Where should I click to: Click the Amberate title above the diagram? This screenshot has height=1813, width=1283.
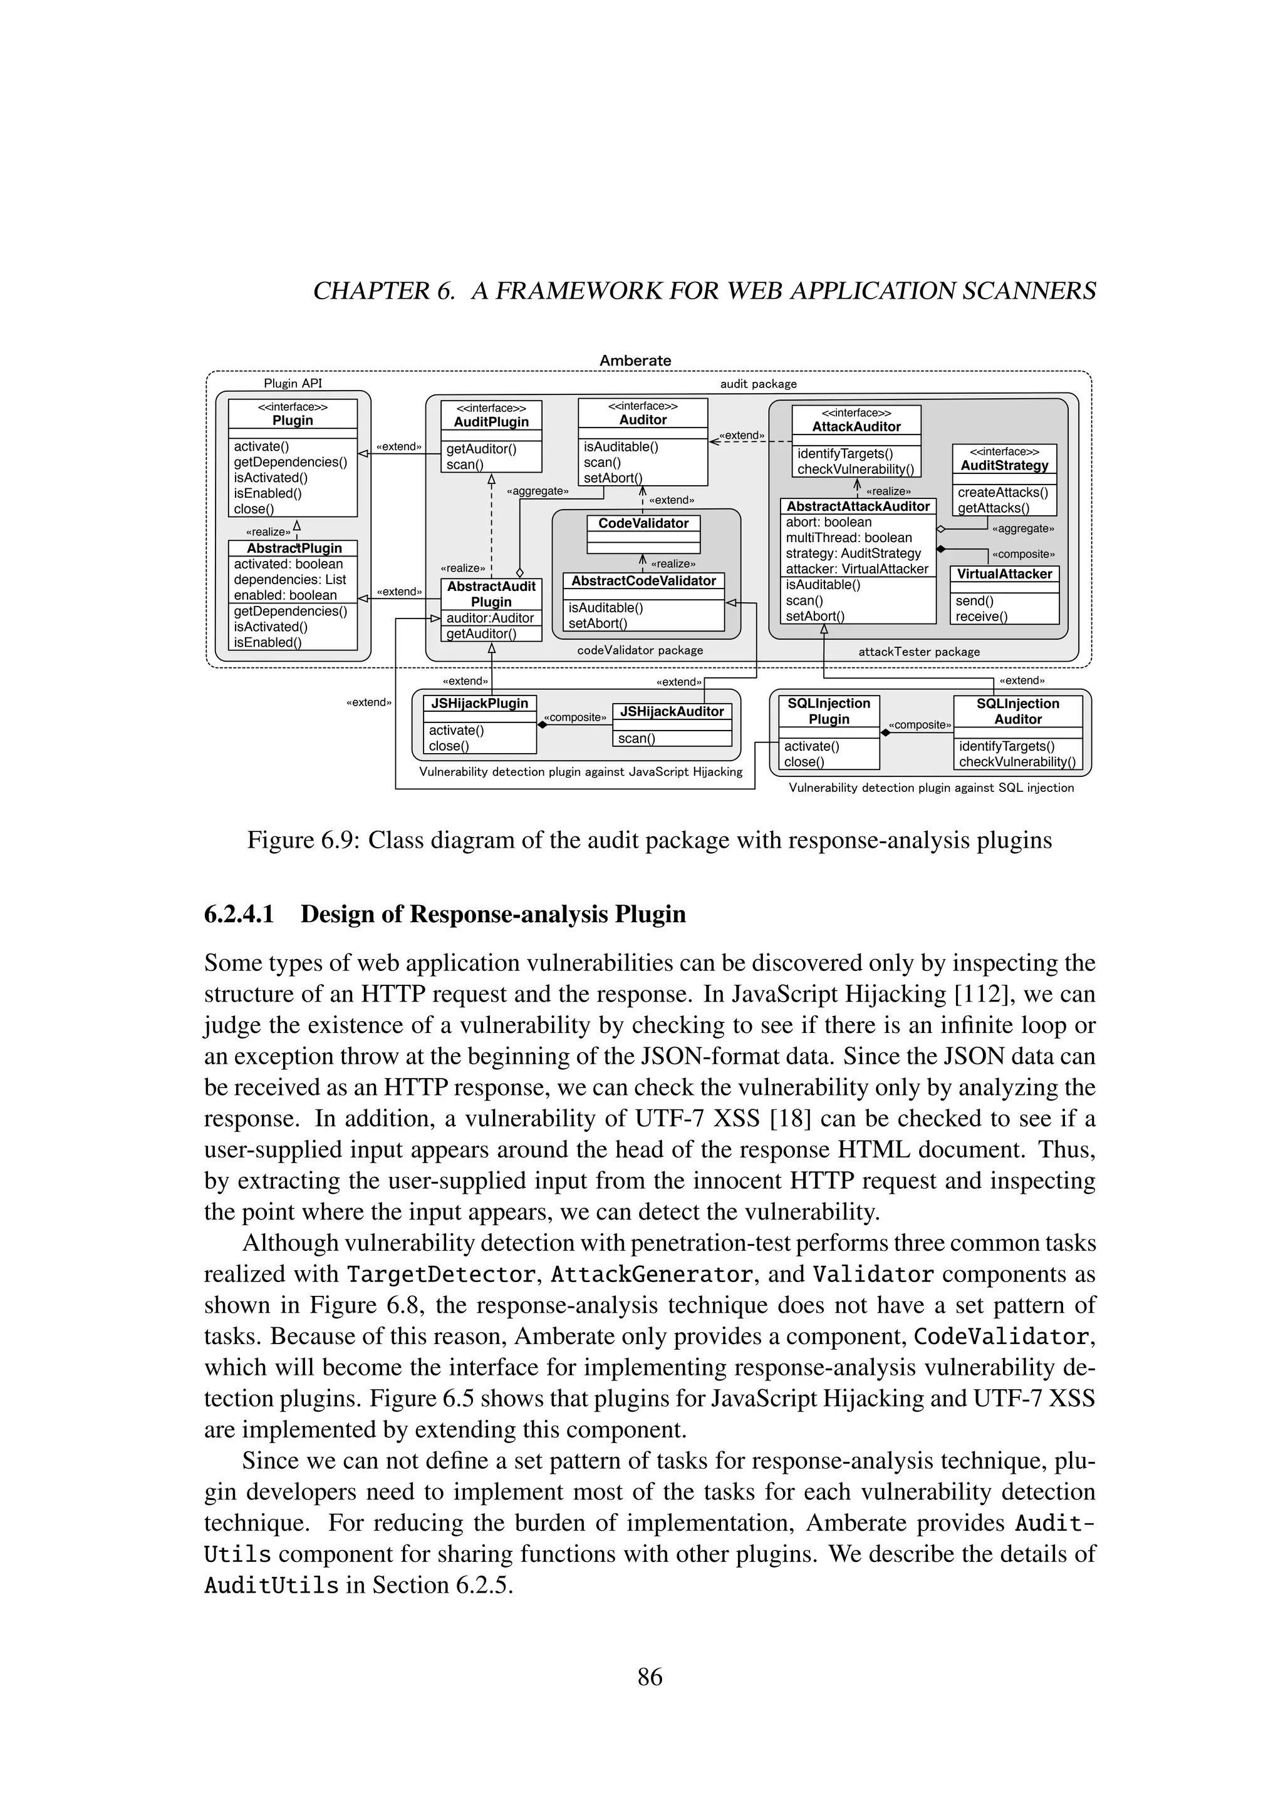click(635, 360)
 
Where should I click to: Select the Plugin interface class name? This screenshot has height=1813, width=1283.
click(293, 420)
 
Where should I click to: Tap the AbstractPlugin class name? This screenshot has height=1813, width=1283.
click(294, 548)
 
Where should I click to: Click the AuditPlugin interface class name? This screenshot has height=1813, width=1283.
click(491, 422)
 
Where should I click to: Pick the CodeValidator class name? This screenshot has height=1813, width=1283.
click(643, 523)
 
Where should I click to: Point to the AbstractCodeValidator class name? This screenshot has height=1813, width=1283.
click(643, 580)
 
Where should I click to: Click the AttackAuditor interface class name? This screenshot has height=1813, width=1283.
click(856, 426)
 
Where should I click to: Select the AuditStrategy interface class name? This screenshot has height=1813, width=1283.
click(1004, 465)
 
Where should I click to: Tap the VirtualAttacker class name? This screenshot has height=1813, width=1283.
click(1004, 574)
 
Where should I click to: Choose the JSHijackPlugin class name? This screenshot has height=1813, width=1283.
click(479, 703)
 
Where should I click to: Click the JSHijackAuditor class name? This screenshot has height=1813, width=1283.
click(672, 711)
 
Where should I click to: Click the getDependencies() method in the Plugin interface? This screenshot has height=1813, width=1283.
click(290, 462)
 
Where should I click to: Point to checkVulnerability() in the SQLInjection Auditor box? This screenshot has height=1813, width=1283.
click(1017, 762)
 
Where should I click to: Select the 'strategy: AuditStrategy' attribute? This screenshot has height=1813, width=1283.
click(853, 553)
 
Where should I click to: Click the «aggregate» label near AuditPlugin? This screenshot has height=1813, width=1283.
click(538, 491)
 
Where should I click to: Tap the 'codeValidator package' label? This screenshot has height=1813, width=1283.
click(640, 650)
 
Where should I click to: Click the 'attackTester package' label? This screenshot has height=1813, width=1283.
click(919, 652)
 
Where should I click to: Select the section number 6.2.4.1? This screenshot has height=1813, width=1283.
click(239, 915)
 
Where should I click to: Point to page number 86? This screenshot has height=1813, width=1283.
click(650, 1677)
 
